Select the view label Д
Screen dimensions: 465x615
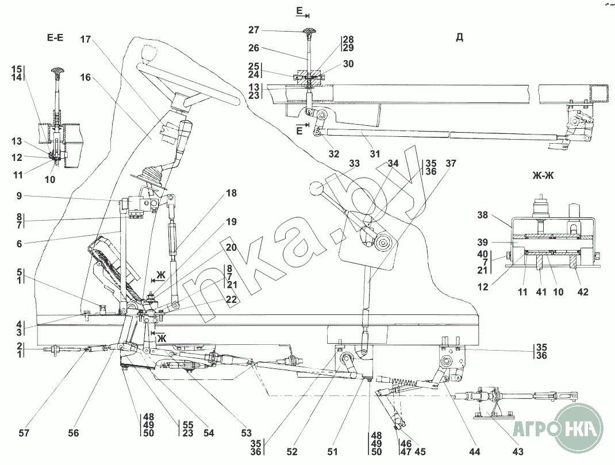(x=459, y=37)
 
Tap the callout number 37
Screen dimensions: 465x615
(x=451, y=163)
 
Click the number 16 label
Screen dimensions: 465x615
(x=86, y=77)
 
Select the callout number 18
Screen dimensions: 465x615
(x=230, y=194)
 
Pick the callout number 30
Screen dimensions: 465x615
(x=348, y=65)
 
